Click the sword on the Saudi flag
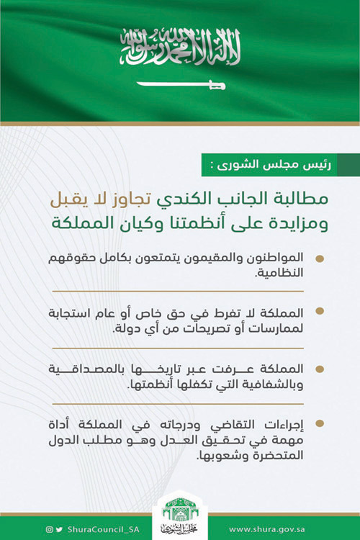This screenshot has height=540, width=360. (x=181, y=85)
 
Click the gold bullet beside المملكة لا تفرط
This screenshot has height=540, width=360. (x=320, y=311)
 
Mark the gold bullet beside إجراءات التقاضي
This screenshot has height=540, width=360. (x=320, y=423)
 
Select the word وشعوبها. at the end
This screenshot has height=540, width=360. (x=186, y=456)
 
